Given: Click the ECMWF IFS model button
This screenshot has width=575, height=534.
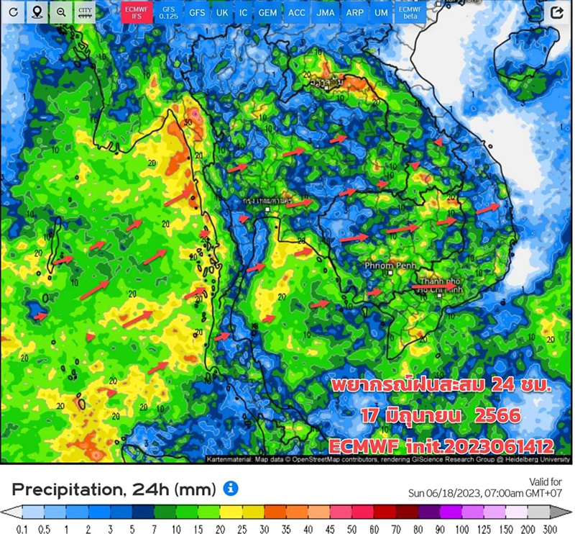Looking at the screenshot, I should (x=134, y=12).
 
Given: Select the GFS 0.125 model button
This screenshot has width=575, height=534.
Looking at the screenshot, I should (x=168, y=12).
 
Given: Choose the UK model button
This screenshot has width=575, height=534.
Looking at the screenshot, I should (x=222, y=13).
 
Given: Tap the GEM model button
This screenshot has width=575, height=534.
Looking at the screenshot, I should (x=267, y=13).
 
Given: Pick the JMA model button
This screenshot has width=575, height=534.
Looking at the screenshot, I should (x=325, y=13).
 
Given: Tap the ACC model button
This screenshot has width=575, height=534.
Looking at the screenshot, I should (x=296, y=13).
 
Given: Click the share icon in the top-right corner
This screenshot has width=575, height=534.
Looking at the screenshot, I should (x=556, y=12).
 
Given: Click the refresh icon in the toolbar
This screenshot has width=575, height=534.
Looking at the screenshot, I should (x=13, y=12).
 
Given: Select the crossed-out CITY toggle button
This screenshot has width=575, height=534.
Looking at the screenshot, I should (x=85, y=12).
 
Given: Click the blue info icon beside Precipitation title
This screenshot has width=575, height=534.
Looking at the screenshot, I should (x=231, y=489).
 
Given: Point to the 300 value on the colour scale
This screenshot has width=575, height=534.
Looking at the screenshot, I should (x=551, y=529).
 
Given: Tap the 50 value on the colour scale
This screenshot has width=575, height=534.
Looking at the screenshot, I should (x=354, y=529).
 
